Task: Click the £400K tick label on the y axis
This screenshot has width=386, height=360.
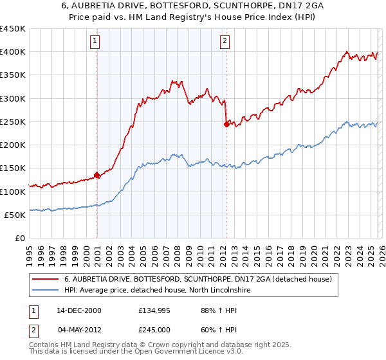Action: pos(13,52)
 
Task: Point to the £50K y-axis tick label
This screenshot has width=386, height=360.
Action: pos(15,215)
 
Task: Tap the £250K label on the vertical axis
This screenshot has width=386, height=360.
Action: pos(13,122)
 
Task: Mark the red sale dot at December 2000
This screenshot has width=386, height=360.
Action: pos(97,174)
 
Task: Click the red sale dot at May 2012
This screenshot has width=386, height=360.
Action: pos(226,124)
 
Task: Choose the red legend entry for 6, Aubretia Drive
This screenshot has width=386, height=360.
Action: pos(198,279)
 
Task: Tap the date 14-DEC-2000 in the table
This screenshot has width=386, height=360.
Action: pos(79,310)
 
